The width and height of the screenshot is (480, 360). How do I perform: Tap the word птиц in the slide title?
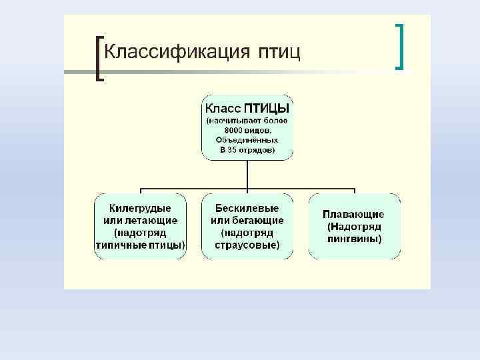pos(279,52)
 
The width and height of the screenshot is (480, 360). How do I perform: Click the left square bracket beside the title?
pos(100,58)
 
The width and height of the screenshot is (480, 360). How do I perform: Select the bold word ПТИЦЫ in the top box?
pos(267,108)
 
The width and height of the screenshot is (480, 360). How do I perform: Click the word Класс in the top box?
pos(223,108)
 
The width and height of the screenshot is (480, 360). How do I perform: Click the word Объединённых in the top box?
pos(247,140)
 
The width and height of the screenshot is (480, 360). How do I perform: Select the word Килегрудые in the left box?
pos(140,208)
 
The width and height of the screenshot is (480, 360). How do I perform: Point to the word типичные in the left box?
pos(120,245)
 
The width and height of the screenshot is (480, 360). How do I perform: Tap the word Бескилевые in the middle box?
pos(247,208)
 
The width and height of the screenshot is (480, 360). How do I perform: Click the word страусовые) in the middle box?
pos(247,245)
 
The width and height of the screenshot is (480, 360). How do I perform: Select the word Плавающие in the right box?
pos(353,214)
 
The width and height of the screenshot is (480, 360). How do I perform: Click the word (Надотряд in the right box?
pos(354,227)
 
